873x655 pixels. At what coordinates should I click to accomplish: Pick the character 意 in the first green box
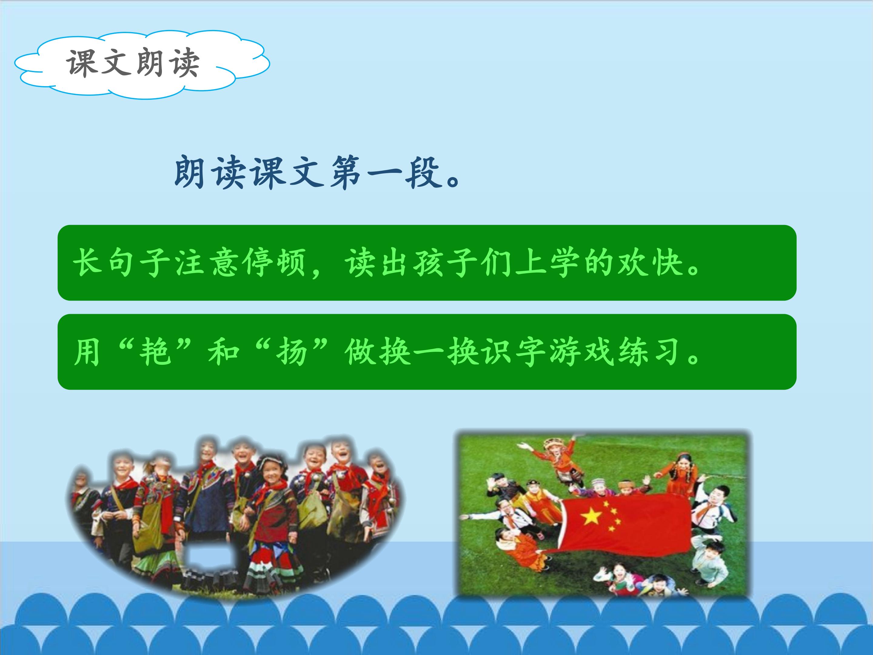click(x=225, y=262)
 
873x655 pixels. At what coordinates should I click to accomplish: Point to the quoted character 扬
click(x=292, y=351)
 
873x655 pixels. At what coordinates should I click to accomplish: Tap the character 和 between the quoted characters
click(x=224, y=351)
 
